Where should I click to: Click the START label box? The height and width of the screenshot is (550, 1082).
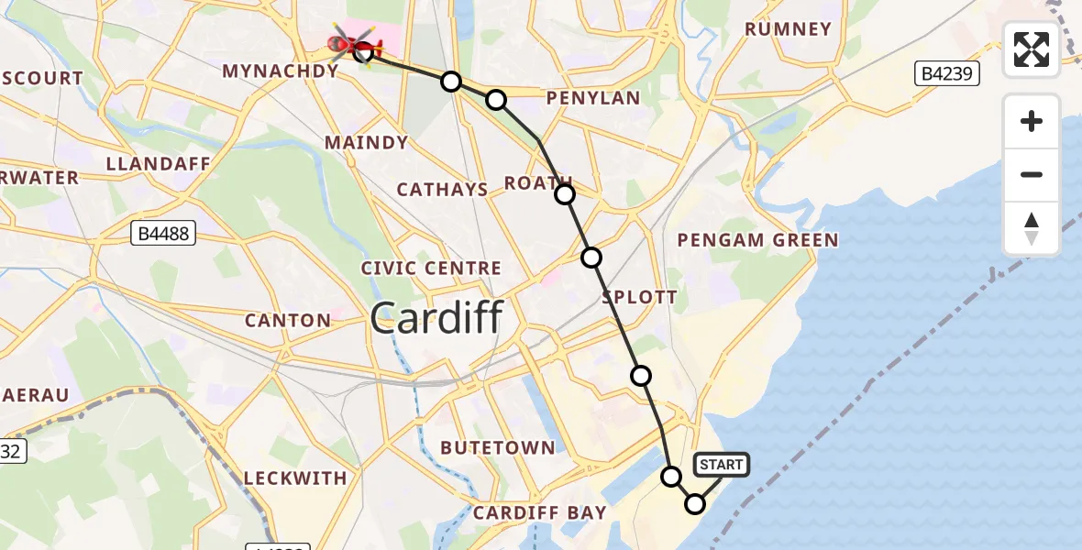point(722,465)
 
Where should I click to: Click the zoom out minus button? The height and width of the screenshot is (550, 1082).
point(1032,174)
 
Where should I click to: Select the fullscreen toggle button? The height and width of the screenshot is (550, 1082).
point(1032,49)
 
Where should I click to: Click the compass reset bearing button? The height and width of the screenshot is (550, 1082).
point(1032,227)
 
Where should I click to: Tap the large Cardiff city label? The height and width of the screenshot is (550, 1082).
point(436,319)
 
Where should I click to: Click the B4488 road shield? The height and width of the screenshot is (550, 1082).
point(163,234)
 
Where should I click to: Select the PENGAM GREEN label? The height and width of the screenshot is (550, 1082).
point(757,240)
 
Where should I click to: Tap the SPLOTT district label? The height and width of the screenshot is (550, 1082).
point(639,297)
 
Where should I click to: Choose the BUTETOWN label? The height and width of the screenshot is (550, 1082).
point(498,448)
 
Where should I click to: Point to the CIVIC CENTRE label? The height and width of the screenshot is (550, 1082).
point(431,269)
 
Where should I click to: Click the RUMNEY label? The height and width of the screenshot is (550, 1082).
point(788,29)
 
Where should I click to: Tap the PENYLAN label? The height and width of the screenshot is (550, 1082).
point(592,98)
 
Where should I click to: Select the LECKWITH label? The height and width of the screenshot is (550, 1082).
point(295,478)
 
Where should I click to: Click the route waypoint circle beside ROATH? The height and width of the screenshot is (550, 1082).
point(565,194)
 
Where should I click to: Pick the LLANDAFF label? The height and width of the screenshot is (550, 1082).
point(158,164)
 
